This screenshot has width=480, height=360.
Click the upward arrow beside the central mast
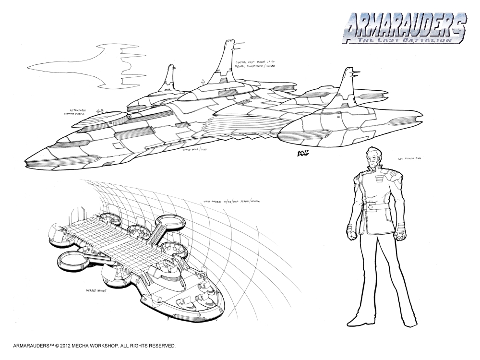click(x=203, y=82)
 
